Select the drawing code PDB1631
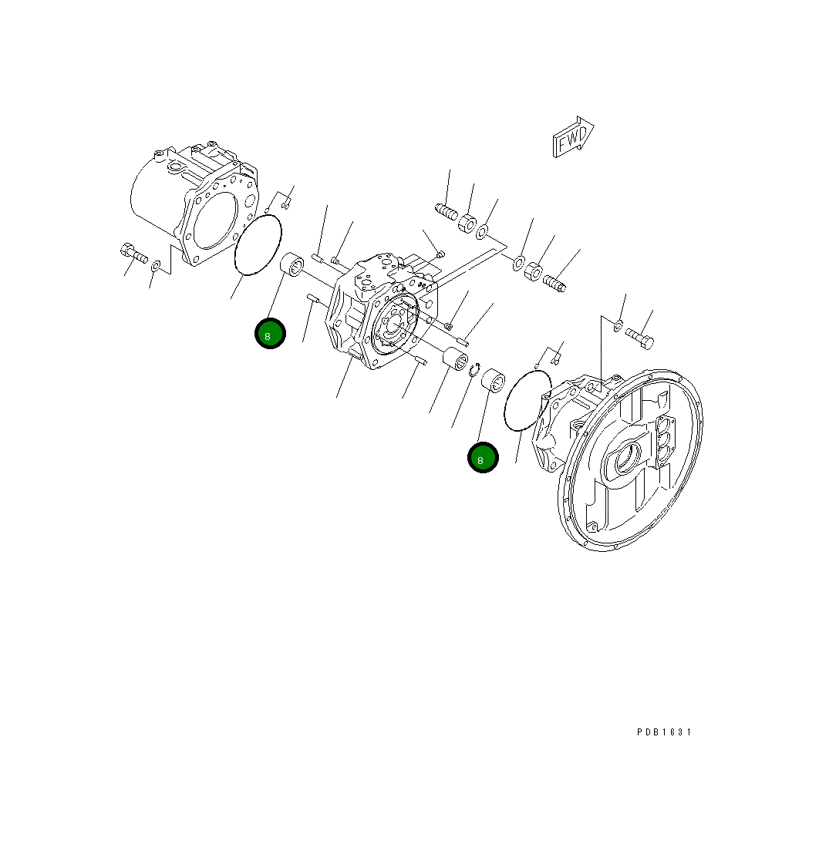coord(664,732)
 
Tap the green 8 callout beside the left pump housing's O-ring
coord(270,335)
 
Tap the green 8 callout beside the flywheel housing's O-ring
coord(483,459)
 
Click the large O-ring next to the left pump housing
coord(258,244)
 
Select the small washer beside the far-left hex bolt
coord(155,266)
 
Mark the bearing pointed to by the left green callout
coord(293,264)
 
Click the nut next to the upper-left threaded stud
coord(467,224)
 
